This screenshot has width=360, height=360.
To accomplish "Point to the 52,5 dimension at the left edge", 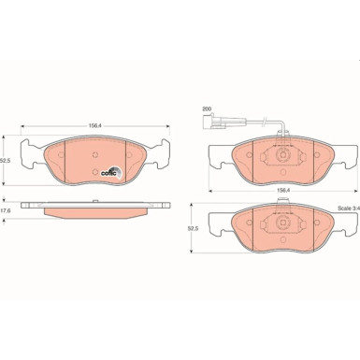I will coord(7,160).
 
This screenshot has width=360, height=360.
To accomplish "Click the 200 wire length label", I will coord(206,110).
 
